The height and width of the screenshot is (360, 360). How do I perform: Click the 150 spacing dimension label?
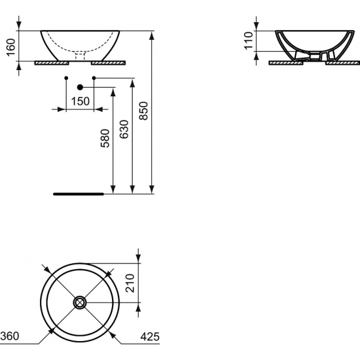point(80,101)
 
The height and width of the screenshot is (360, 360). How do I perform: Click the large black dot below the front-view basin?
point(80,86)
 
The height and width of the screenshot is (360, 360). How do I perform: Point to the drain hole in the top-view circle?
point(80,302)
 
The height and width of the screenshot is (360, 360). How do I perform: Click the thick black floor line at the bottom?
point(78,194)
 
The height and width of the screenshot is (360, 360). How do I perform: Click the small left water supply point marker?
point(67,79)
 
